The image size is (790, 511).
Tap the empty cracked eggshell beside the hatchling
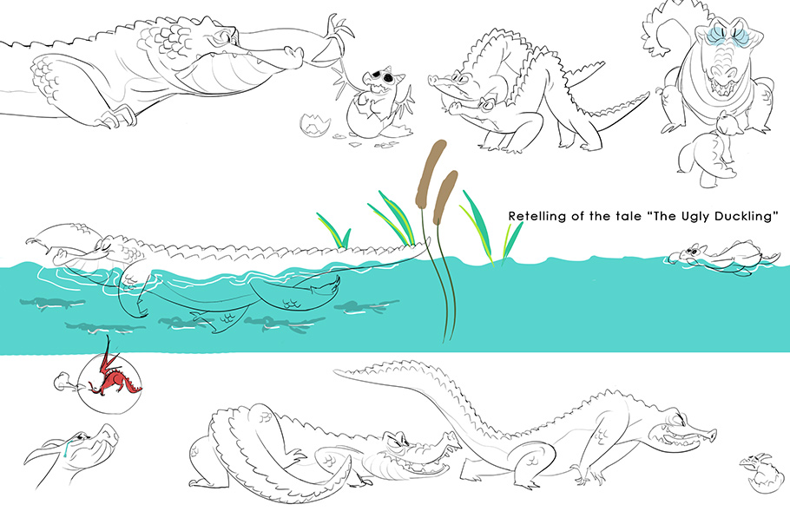315,125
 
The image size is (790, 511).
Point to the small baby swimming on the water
721,258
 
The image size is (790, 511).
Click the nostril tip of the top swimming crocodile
294,52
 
